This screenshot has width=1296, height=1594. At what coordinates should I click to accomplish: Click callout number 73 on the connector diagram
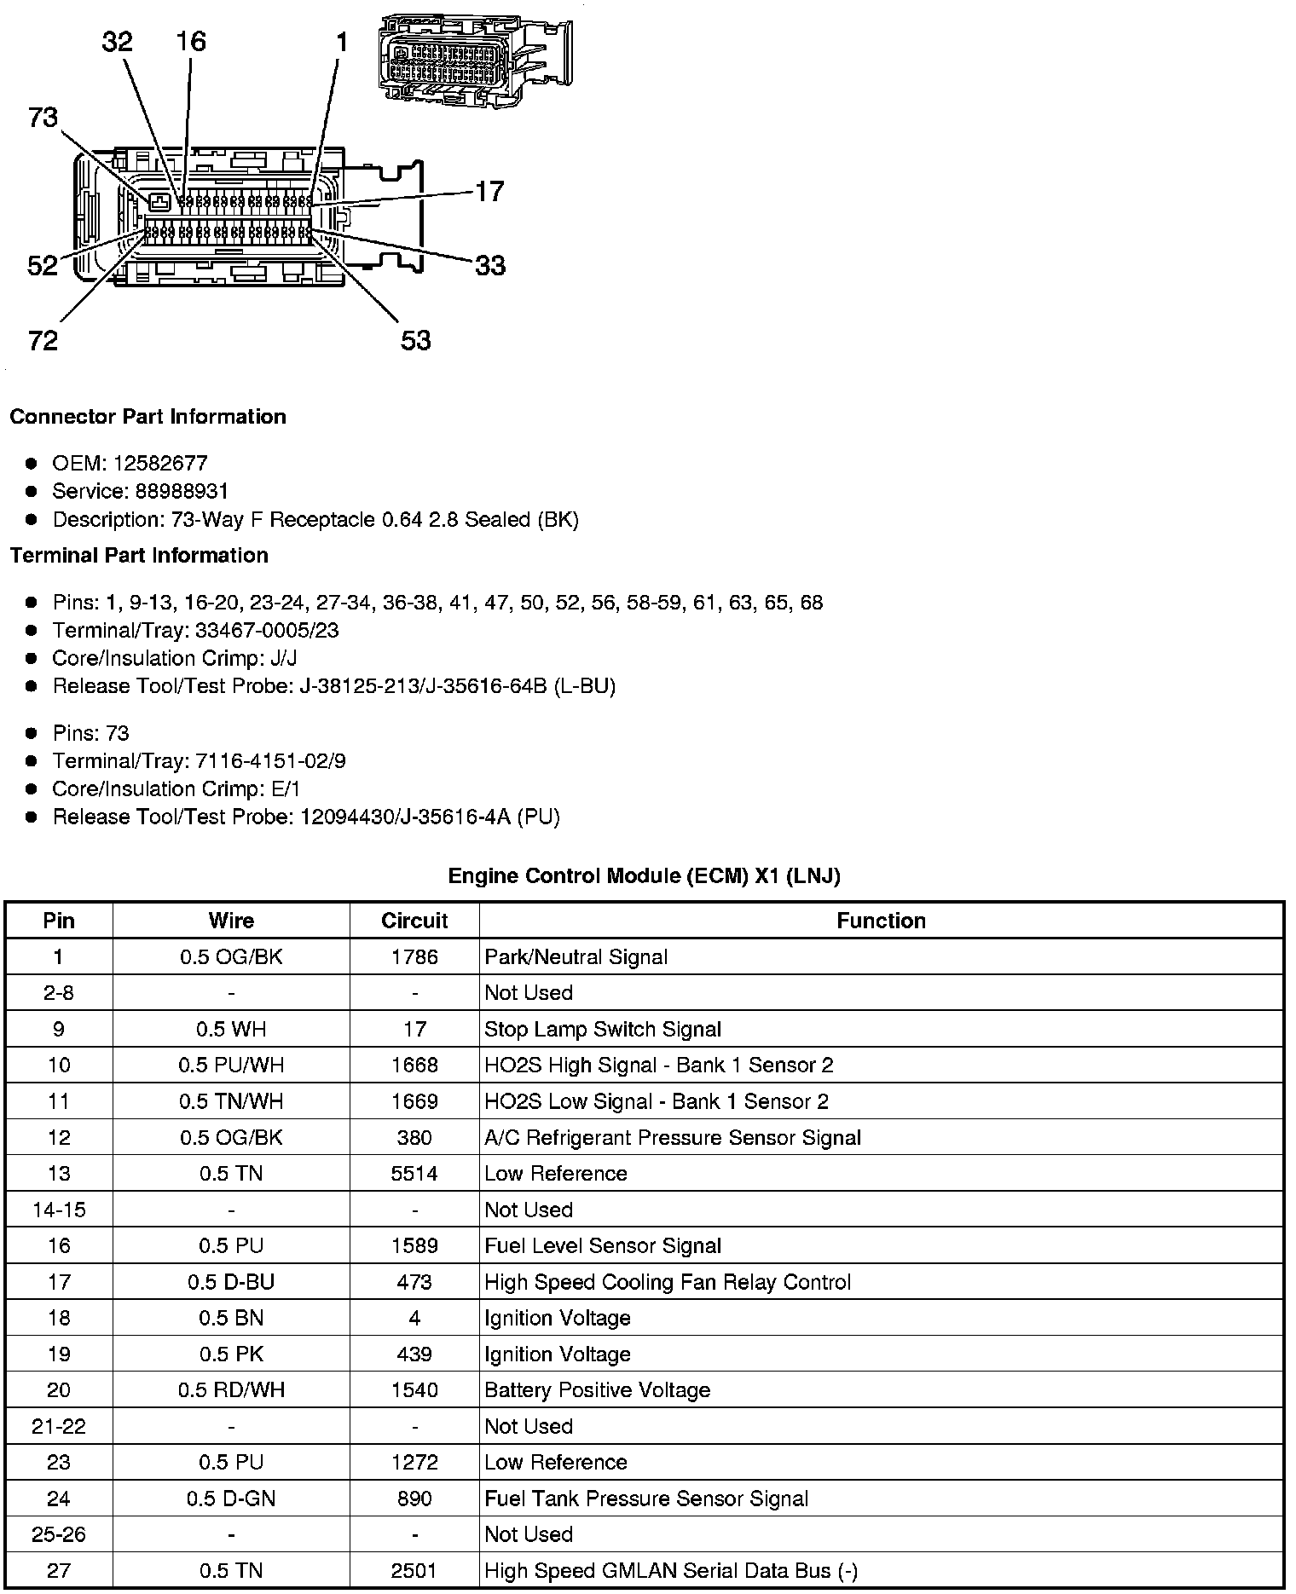click(x=43, y=117)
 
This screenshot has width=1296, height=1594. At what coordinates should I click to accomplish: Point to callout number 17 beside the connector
click(x=489, y=191)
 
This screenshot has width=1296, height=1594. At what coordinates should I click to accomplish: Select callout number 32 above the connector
click(x=118, y=41)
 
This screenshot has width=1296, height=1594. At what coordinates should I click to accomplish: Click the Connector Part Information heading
click(x=148, y=417)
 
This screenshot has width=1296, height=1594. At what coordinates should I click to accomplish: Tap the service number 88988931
click(x=182, y=491)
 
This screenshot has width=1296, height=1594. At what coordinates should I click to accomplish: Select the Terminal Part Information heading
click(x=139, y=556)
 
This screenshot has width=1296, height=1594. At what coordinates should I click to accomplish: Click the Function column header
click(x=881, y=921)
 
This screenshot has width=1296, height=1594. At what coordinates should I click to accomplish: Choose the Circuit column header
click(x=414, y=921)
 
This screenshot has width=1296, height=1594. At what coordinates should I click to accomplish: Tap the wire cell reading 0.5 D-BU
click(x=231, y=1282)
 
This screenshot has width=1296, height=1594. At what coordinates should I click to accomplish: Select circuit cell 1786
click(x=414, y=956)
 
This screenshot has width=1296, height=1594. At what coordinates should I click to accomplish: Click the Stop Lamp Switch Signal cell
click(x=602, y=1029)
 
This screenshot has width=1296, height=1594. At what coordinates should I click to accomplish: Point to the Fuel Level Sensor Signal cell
click(x=602, y=1245)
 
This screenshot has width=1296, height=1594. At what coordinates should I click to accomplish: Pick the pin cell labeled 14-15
click(x=59, y=1210)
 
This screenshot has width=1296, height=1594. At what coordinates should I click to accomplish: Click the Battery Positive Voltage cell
click(x=597, y=1390)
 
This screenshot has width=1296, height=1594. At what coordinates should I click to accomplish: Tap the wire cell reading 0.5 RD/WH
click(x=231, y=1390)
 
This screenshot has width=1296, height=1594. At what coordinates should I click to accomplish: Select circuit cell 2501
click(x=414, y=1570)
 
